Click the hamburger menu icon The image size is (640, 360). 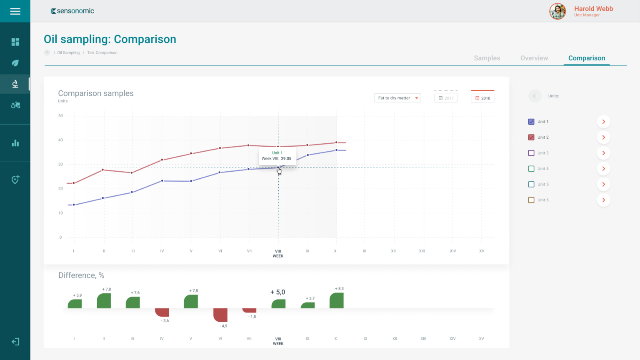(x=15, y=11)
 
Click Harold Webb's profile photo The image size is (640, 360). (x=557, y=11)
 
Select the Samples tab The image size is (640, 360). (x=487, y=58)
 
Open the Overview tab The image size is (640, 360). (x=534, y=58)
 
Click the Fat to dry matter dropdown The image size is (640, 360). (x=397, y=98)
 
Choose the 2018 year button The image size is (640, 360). (x=482, y=98)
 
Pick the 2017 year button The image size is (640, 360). (x=446, y=98)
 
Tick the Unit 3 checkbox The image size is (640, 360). (x=531, y=153)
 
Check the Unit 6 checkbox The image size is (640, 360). (x=531, y=200)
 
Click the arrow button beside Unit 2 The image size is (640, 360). (x=603, y=137)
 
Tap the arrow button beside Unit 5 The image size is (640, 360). (x=603, y=184)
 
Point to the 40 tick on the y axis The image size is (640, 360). (x=60, y=140)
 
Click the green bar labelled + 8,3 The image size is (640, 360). (x=336, y=300)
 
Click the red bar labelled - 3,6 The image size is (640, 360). (x=162, y=312)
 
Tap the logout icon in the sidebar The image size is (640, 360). (x=15, y=342)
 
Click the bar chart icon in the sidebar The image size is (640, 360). (x=15, y=143)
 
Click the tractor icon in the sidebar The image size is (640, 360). (x=15, y=105)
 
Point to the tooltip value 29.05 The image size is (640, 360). (x=286, y=159)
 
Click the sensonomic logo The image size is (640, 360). (x=72, y=11)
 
